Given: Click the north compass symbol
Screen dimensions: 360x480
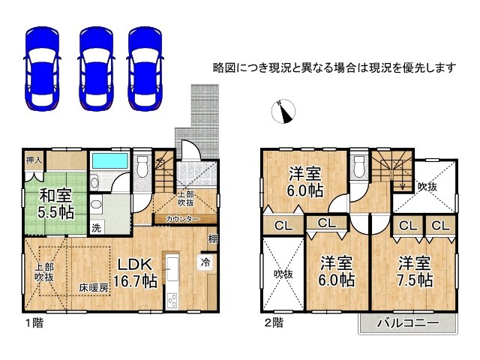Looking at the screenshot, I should pos(281,111).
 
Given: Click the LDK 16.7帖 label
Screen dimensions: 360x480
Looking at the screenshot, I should pos(136,271).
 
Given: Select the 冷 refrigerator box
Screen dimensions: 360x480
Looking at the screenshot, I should pos(205,262).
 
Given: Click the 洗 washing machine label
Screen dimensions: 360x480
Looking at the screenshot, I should pos(96,227).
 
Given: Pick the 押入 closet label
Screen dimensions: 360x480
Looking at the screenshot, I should pos(33,160).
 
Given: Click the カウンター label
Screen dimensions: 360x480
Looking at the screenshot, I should pos(182,219).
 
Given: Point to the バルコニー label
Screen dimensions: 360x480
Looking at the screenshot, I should pos(407,323).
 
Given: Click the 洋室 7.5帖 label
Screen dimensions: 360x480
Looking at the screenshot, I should pos(414,271).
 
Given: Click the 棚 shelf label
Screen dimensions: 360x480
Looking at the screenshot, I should pos(214,239).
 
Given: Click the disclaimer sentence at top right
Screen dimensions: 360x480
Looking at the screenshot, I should pos(334,67).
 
